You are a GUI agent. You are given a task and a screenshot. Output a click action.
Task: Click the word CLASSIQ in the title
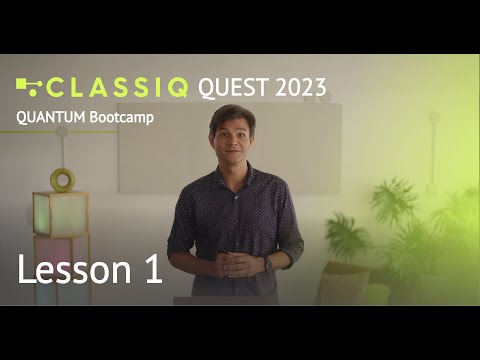click(x=119, y=87)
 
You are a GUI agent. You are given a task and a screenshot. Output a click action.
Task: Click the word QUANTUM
click(x=50, y=117)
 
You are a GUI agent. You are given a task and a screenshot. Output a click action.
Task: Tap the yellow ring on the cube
click(x=62, y=180)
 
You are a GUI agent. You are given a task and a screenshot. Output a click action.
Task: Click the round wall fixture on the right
click(x=434, y=116)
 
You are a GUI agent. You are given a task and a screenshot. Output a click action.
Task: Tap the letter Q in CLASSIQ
click(x=176, y=87)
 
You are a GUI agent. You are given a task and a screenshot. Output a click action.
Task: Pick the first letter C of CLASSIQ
click(x=58, y=87)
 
